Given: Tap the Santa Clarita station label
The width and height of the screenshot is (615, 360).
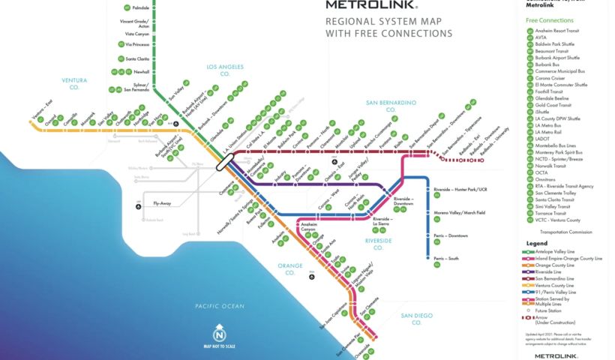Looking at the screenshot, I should point(137,58).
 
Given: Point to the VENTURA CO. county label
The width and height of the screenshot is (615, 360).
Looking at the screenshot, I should point(74,82).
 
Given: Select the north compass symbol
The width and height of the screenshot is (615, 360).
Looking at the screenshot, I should point(220,331).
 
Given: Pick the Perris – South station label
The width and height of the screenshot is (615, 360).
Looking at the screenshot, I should point(448,259).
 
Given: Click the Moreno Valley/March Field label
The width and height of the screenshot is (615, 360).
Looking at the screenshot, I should point(460,213).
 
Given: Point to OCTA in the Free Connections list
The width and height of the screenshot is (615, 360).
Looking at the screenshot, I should point(541,172).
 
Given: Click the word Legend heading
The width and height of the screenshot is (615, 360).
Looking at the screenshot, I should point(537,243).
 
